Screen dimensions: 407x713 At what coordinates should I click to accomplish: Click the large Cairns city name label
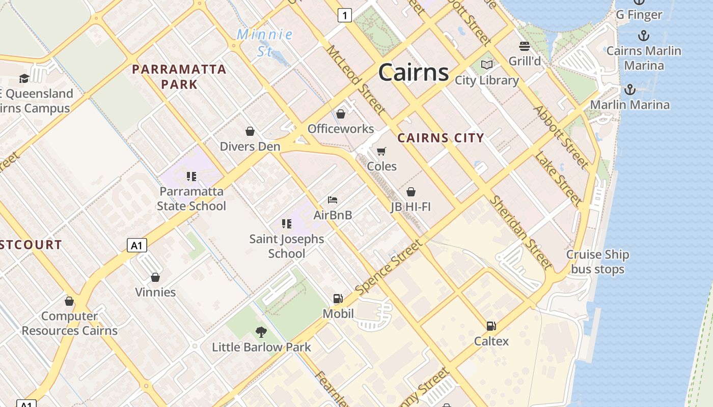click(x=414, y=72)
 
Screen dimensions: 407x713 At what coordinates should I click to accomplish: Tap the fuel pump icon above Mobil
click(x=338, y=299)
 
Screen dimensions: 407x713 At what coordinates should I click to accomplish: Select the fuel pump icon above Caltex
click(x=491, y=326)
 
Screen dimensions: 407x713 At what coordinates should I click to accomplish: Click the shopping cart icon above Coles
click(x=381, y=151)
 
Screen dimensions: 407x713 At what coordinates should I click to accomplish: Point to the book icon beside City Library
click(x=487, y=65)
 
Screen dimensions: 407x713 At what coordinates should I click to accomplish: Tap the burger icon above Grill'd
click(x=525, y=46)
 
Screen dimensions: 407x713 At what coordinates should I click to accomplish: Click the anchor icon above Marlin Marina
click(x=630, y=90)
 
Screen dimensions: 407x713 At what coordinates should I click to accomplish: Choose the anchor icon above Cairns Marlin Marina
click(x=644, y=36)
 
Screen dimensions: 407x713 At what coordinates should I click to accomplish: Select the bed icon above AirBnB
click(x=333, y=200)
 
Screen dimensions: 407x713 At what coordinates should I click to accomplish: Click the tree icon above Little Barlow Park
click(x=261, y=332)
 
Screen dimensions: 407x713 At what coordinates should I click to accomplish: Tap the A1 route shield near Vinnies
click(x=136, y=245)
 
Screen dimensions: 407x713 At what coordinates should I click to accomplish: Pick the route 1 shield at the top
click(x=345, y=16)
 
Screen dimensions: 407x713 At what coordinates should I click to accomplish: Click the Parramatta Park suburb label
click(x=179, y=76)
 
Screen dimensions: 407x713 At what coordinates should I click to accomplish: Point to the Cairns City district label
click(x=441, y=138)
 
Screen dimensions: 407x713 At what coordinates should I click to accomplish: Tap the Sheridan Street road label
click(x=520, y=231)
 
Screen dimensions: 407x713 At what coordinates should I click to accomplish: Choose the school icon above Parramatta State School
click(x=191, y=177)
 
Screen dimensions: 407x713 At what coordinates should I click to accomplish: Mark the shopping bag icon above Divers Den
click(x=250, y=132)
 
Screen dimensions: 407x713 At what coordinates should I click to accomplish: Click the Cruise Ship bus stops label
click(x=597, y=261)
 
